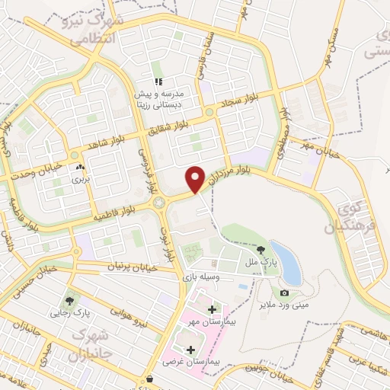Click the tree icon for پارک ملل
tap(261, 249)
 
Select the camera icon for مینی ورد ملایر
tap(284, 293)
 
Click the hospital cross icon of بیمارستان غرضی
tap(190, 348)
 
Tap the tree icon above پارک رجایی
tap(72, 300)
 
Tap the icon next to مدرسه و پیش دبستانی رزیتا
tap(158, 81)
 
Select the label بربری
tap(80, 181)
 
